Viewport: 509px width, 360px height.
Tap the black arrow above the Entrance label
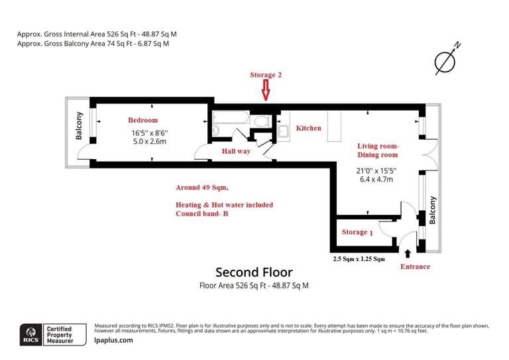point(407,252)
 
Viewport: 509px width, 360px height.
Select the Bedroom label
point(142,120)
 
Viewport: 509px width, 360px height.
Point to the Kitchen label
point(308,128)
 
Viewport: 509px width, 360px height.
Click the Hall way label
point(236,152)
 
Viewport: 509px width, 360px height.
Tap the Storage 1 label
point(357,232)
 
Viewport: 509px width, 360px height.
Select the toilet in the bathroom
point(261,121)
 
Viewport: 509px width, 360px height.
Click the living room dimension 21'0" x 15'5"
point(375,170)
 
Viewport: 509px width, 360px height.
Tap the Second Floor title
point(254,272)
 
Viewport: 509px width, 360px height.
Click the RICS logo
point(30,333)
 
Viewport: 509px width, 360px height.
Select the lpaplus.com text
point(113,340)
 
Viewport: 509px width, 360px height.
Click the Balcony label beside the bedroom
point(79,127)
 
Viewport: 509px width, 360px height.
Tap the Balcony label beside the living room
point(432,211)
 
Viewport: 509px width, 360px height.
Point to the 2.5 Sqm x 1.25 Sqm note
point(358,259)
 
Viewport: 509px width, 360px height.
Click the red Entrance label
point(414,267)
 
